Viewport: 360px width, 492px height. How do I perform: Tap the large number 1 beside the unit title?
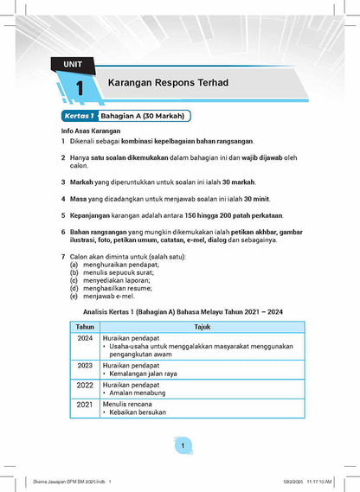click(x=79, y=88)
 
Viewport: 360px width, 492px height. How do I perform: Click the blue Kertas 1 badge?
click(x=79, y=115)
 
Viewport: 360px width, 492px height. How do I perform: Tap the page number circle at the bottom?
click(x=183, y=445)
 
